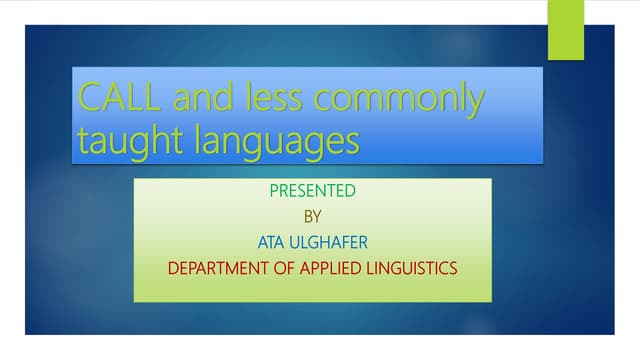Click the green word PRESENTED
pos(312,190)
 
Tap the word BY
pos(313,215)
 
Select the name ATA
pos(271,241)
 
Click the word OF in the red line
pos(283,267)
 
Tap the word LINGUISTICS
pos(415,267)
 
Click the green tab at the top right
pos(565,30)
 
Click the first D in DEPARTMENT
pos(173,267)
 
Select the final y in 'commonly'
pos(476,103)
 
